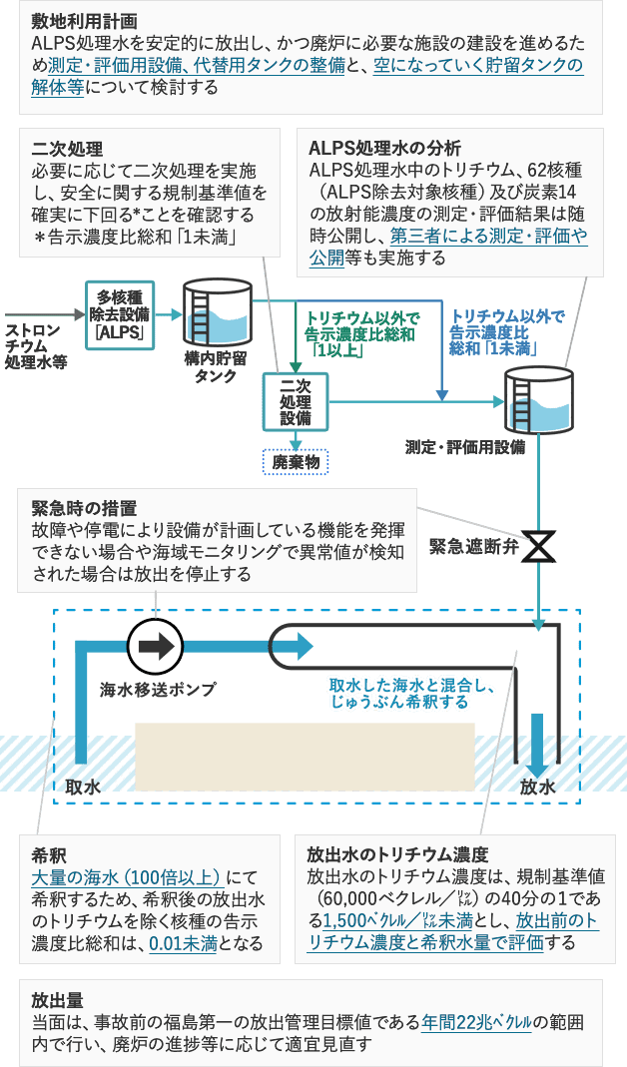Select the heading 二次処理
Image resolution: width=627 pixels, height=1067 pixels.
(67, 149)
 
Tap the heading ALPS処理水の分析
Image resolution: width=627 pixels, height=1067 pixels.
(373, 149)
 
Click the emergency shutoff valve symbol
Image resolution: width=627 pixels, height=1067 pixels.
(539, 547)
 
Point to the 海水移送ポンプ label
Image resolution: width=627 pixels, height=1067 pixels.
(154, 689)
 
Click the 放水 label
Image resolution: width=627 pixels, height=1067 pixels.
(537, 788)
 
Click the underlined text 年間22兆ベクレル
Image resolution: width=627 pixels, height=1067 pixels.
(477, 1024)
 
